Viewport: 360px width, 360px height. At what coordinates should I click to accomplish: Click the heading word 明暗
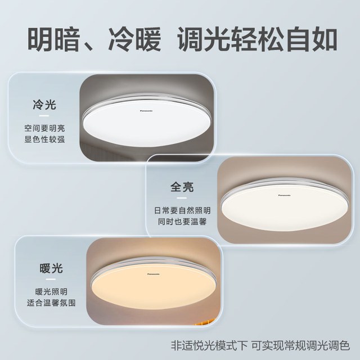(54, 39)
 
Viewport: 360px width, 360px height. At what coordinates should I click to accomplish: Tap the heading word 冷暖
(135, 39)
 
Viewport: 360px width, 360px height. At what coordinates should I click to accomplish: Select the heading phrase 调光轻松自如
(258, 39)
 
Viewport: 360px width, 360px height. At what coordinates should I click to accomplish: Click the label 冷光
(44, 105)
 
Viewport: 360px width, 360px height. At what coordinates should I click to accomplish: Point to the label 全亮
(182, 187)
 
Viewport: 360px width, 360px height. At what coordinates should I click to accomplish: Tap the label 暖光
(51, 268)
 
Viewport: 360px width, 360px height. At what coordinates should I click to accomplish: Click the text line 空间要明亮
(44, 128)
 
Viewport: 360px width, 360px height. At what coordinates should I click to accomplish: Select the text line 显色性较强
(44, 139)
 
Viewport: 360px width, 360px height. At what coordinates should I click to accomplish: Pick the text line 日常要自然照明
(182, 210)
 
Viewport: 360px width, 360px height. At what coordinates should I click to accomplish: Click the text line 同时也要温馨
(182, 222)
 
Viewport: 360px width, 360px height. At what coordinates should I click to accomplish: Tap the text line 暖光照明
(51, 292)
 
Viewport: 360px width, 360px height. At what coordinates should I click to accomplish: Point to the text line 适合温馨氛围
(51, 303)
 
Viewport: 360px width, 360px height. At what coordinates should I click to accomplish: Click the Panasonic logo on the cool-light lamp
(146, 111)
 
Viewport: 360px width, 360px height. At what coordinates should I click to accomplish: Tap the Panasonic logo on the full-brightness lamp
(285, 195)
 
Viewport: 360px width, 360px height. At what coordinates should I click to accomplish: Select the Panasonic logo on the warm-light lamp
(154, 274)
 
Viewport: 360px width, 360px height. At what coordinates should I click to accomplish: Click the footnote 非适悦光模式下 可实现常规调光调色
(260, 345)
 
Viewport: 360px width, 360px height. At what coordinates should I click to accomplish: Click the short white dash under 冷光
(44, 115)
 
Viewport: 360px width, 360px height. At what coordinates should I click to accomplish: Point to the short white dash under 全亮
(182, 198)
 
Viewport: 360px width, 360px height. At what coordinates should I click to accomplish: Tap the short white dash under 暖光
(51, 279)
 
